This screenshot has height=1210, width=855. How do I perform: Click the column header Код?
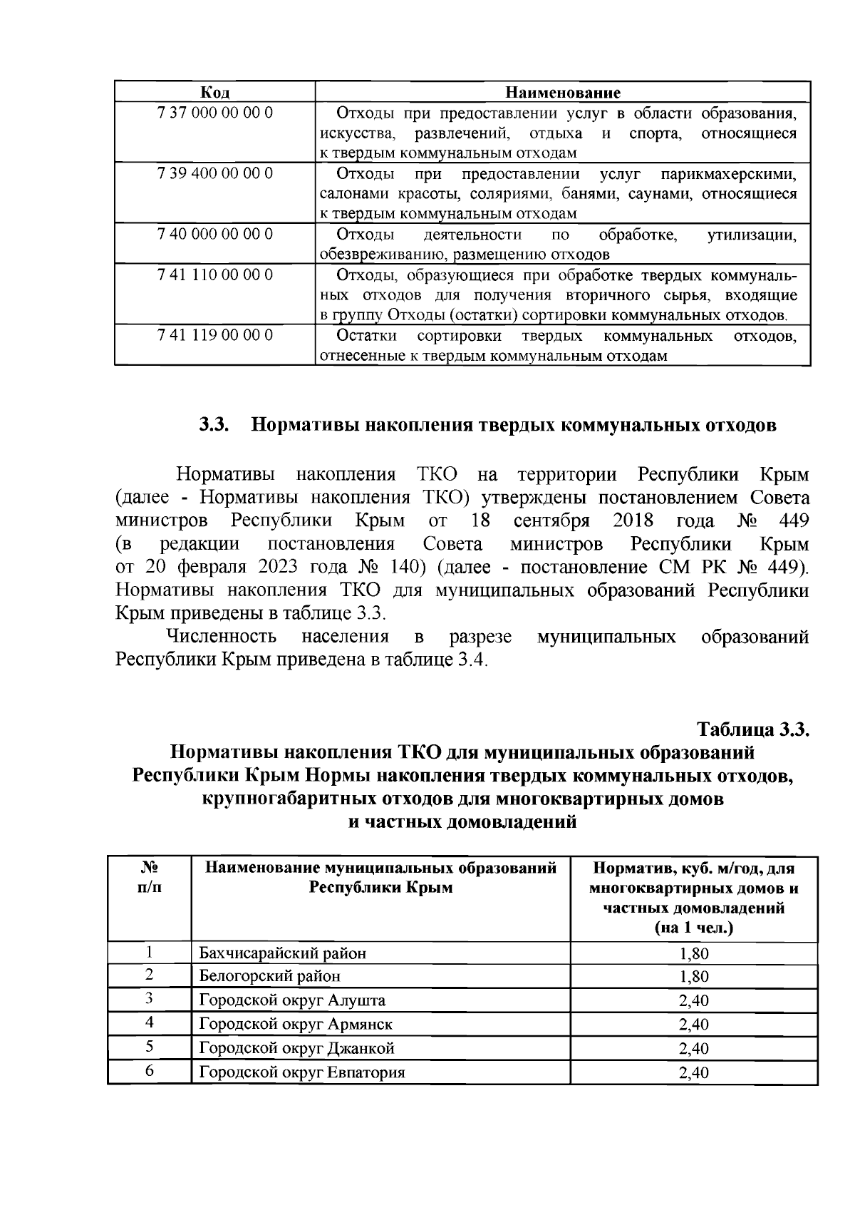(214, 93)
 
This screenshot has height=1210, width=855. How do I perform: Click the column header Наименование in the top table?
(563, 93)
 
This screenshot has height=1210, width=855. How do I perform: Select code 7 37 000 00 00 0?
(214, 113)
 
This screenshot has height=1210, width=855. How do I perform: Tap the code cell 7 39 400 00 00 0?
(214, 174)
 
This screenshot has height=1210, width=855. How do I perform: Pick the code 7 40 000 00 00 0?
(214, 235)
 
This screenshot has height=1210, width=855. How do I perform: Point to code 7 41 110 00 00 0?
(214, 275)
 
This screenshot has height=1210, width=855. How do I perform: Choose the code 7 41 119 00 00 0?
(214, 335)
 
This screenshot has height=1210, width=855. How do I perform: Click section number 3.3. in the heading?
(213, 426)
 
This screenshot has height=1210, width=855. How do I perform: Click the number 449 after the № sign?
(793, 521)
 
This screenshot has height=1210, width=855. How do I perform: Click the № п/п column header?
(149, 878)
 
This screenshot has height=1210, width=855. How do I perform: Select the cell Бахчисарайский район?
(283, 953)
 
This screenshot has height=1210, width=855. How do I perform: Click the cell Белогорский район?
(269, 976)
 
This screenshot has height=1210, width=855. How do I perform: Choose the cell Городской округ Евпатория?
(302, 1073)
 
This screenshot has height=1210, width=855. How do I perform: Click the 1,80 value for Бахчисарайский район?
(693, 954)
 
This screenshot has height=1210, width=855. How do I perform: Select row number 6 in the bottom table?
(150, 1072)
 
